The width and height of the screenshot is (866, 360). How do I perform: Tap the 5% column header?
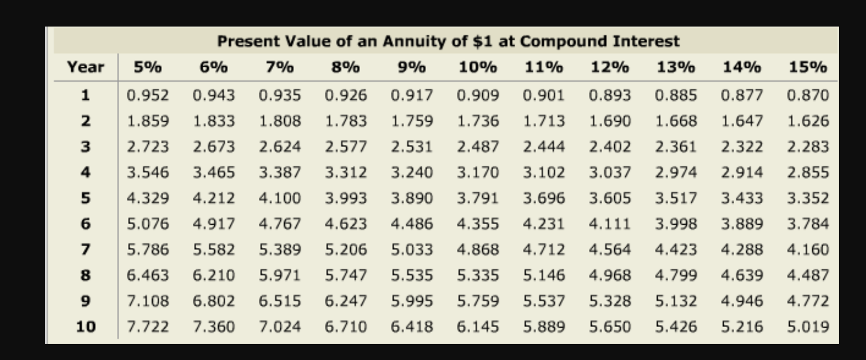[148, 67]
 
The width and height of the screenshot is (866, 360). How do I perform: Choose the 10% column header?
[478, 67]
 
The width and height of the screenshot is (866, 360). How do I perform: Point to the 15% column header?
[808, 67]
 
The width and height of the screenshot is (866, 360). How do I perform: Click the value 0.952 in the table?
[148, 96]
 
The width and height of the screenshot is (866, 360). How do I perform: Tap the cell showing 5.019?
[808, 327]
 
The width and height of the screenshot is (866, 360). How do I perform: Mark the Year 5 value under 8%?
[346, 198]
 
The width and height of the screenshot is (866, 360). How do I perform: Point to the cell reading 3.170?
[478, 173]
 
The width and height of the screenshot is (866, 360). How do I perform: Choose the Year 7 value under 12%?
[610, 250]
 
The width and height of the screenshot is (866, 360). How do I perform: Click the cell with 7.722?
[148, 327]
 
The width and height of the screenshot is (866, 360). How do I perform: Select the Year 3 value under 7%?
[280, 147]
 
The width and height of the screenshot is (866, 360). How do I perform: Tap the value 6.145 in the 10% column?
[478, 327]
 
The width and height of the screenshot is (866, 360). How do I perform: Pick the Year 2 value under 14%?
[742, 121]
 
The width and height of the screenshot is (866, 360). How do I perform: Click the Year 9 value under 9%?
[412, 301]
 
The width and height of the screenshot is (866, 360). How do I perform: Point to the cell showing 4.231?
[544, 224]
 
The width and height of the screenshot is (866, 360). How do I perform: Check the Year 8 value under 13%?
[676, 275]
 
